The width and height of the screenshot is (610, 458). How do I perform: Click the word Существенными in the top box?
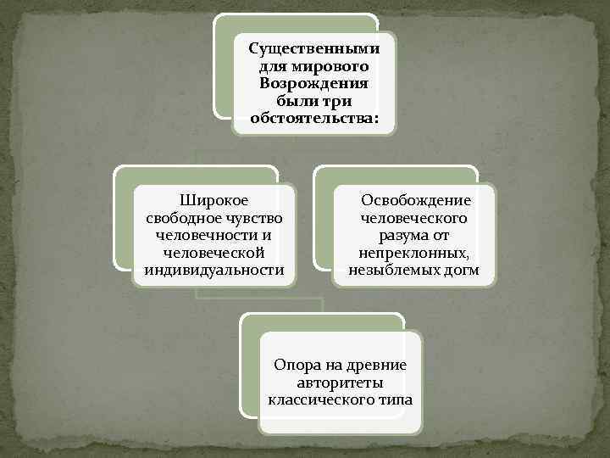click(314, 49)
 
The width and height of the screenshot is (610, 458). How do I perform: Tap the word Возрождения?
click(314, 83)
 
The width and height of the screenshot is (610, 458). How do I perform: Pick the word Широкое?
click(213, 200)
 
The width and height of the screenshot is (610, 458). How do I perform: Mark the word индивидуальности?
click(214, 270)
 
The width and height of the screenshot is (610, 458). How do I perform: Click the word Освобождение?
click(415, 200)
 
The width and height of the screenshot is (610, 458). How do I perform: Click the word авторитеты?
click(340, 383)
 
